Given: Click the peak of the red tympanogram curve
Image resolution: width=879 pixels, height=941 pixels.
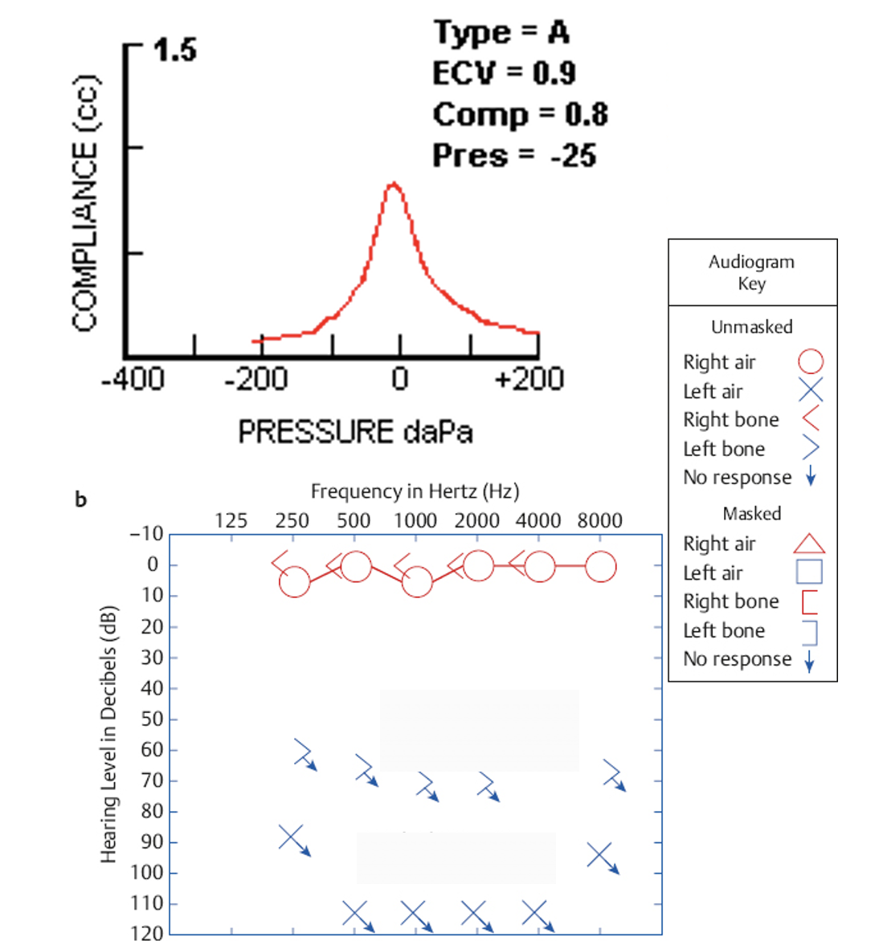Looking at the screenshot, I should coord(393,185).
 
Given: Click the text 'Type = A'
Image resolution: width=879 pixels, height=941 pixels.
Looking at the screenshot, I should coord(502,33).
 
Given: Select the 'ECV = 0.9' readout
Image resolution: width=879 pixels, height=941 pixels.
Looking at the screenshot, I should coord(504,74).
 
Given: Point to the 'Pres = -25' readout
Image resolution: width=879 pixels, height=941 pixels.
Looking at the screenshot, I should coord(514,155).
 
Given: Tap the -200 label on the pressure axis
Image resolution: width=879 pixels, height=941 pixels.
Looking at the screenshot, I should coord(256,379).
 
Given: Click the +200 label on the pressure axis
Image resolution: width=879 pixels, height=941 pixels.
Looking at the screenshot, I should coord(529,379).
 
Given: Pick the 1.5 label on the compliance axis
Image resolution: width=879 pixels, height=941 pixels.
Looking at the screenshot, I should coord(174,51).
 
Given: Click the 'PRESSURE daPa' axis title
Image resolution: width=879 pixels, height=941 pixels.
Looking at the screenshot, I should coord(355,432).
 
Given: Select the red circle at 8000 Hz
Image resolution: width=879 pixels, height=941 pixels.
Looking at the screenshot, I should coord(601,566).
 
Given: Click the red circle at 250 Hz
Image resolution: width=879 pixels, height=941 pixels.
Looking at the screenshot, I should coord(294,582).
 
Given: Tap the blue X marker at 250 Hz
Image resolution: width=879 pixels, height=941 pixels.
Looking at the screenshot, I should coord(291,837).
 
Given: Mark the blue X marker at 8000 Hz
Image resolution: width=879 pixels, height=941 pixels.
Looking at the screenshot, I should coord(599,854).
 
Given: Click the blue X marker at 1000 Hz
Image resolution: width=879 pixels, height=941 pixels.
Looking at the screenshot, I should coord(413,913).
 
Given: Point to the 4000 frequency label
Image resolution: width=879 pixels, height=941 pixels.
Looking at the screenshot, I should coord(538,520).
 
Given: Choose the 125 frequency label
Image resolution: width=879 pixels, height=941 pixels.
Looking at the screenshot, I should coord(231,520).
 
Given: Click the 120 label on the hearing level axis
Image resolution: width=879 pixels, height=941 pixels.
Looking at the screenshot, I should coord(146,933).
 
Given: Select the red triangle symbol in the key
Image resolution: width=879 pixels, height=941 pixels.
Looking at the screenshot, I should coord(809,544).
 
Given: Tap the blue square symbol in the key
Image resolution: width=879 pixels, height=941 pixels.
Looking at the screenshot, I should coord(809,572).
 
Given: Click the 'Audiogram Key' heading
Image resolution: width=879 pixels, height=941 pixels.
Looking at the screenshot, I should coord(752,272).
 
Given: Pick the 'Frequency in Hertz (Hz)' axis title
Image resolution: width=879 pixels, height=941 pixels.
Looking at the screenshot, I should coord(415,491).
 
